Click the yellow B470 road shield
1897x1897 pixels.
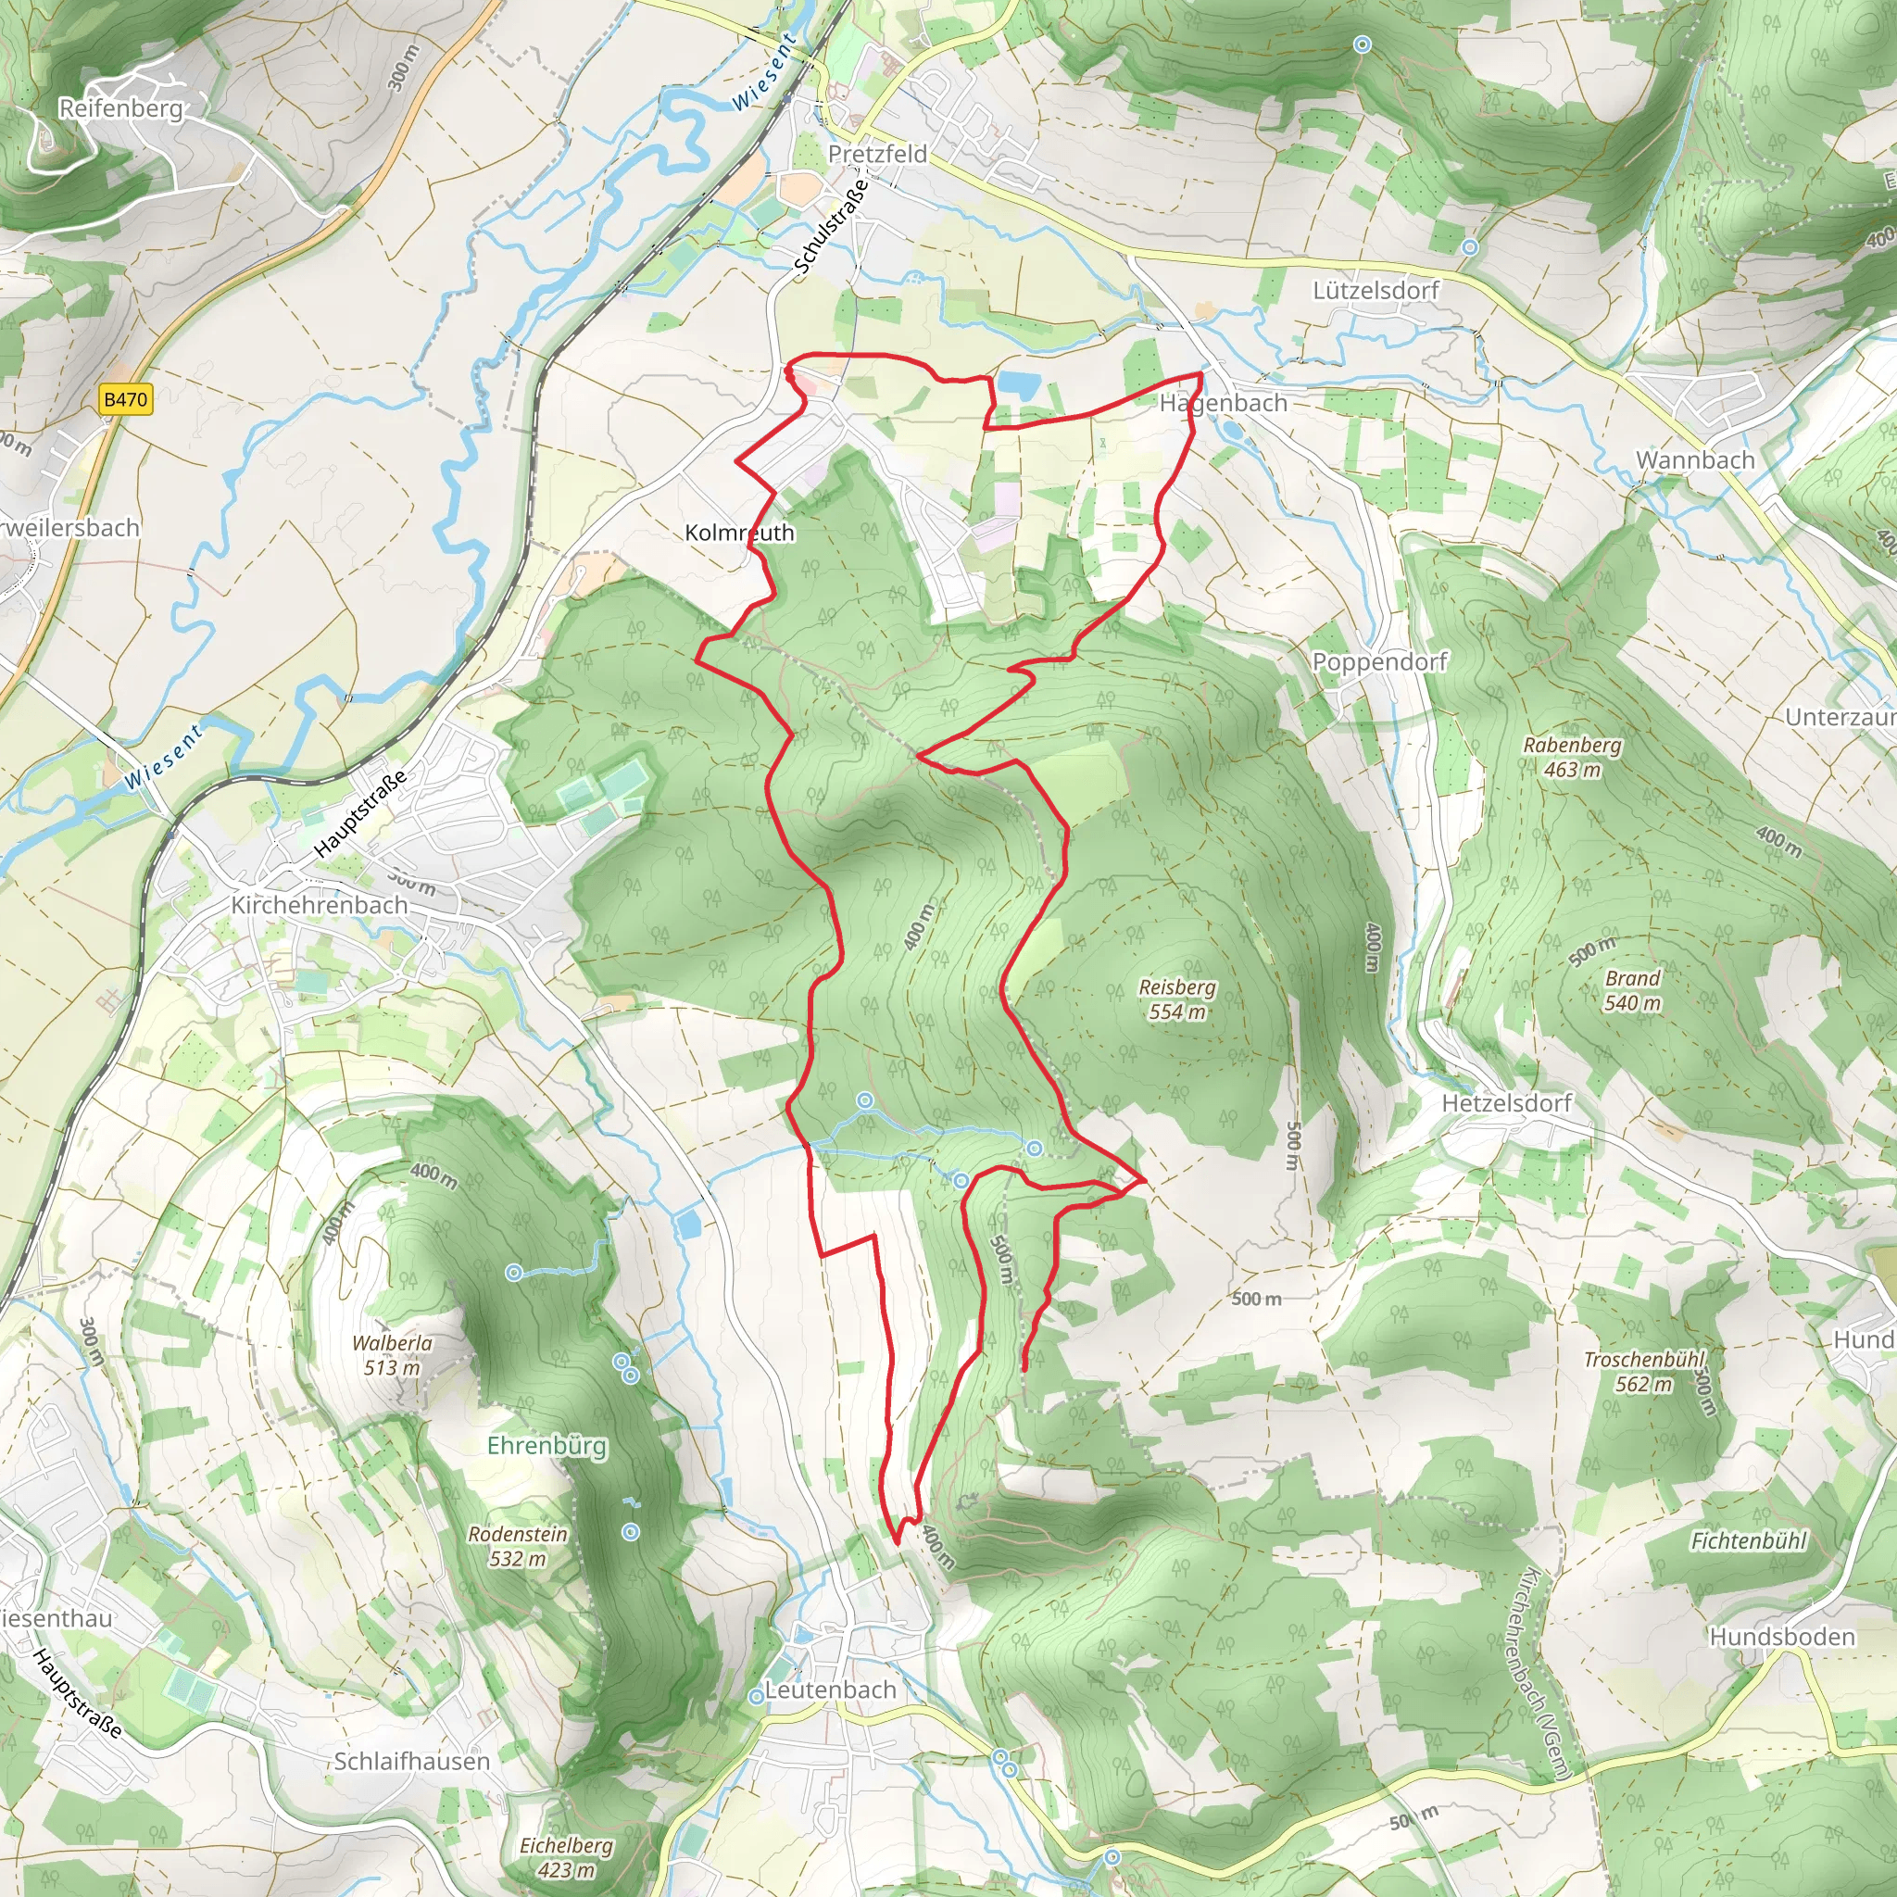pos(126,399)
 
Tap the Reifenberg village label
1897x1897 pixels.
pos(120,108)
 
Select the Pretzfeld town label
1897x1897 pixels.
pos(877,154)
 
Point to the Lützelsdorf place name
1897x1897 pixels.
pos(1375,291)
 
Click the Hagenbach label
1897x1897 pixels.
pos(1223,404)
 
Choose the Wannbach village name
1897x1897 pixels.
pos(1695,459)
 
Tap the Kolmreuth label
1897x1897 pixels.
pos(739,534)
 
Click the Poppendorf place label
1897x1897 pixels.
pos(1379,661)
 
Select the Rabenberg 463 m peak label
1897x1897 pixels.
pos(1572,757)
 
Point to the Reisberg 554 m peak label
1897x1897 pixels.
pos(1177,999)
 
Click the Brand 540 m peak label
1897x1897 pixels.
pos(1632,991)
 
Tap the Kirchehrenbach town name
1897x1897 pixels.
pos(320,904)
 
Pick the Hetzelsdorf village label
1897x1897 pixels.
pos(1506,1103)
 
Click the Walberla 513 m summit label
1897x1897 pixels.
pos(392,1355)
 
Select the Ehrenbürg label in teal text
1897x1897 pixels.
pos(546,1446)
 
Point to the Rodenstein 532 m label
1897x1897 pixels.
pos(518,1547)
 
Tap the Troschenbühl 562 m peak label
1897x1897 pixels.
pos(1644,1372)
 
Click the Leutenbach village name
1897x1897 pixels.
pos(831,1690)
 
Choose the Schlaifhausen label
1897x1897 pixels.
pos(411,1762)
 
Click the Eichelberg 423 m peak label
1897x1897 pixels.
pos(566,1858)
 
